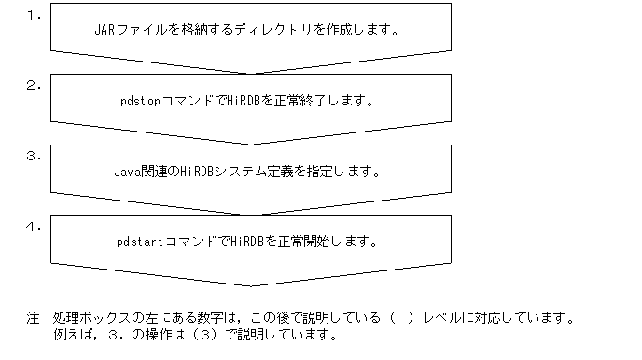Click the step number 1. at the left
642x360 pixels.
[x=33, y=15]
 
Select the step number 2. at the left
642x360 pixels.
[x=33, y=85]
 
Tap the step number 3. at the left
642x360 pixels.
[x=33, y=155]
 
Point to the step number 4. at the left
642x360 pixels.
[x=33, y=226]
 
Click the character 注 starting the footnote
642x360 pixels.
[x=33, y=319]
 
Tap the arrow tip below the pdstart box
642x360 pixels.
[x=254, y=284]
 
